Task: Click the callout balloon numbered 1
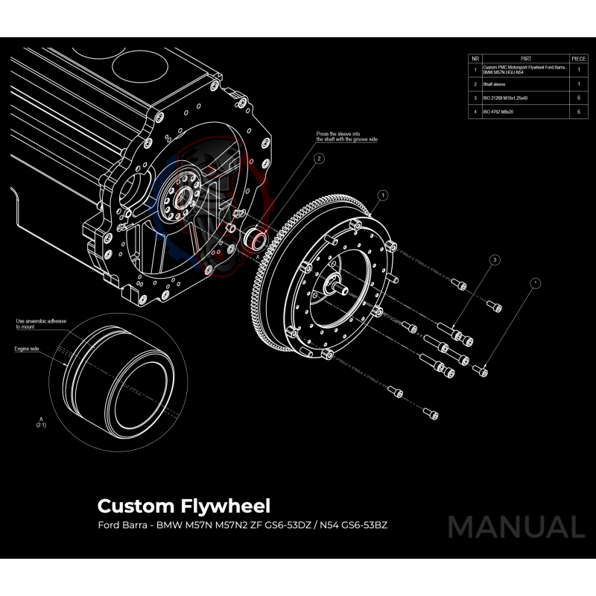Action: click(x=382, y=195)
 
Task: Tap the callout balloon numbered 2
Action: click(x=318, y=158)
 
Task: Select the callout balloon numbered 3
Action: click(x=494, y=260)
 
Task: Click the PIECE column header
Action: click(x=578, y=57)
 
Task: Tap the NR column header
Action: click(x=475, y=57)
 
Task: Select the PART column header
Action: click(x=526, y=57)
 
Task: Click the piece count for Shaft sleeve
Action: click(x=578, y=84)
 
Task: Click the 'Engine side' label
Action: click(x=27, y=348)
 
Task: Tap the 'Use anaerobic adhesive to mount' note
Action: click(x=41, y=323)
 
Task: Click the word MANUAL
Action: click(x=516, y=527)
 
